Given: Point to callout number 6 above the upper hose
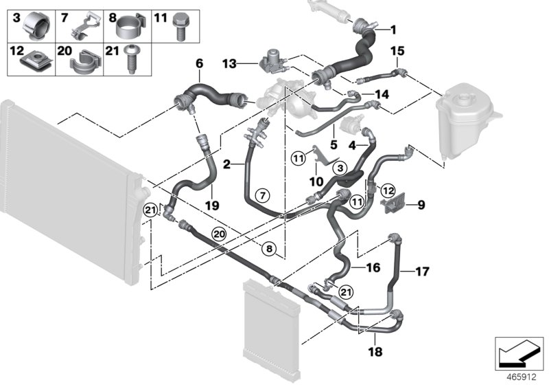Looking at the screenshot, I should (x=200, y=63).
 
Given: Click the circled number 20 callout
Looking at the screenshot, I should (x=218, y=234).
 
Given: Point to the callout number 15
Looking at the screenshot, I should (x=397, y=51).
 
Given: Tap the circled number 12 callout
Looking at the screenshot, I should (x=387, y=190).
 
